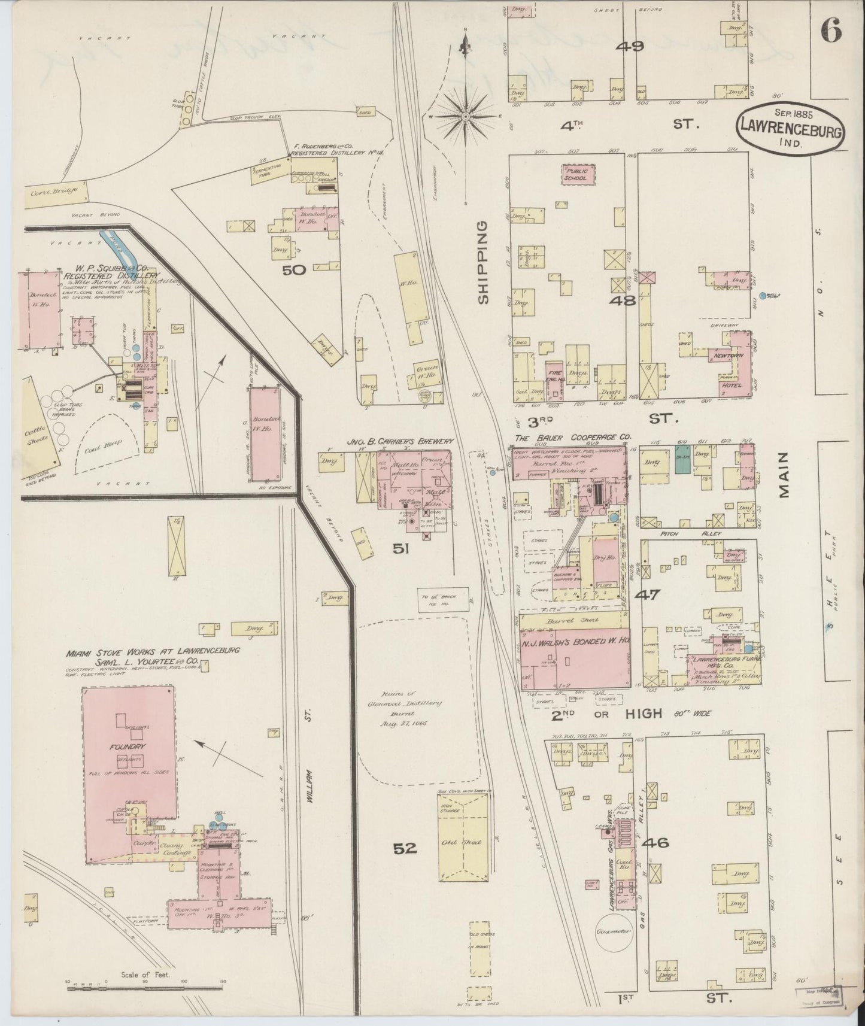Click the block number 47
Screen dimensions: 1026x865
point(647,595)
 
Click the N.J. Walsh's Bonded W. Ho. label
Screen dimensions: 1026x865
point(575,641)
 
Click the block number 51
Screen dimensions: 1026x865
point(400,548)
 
